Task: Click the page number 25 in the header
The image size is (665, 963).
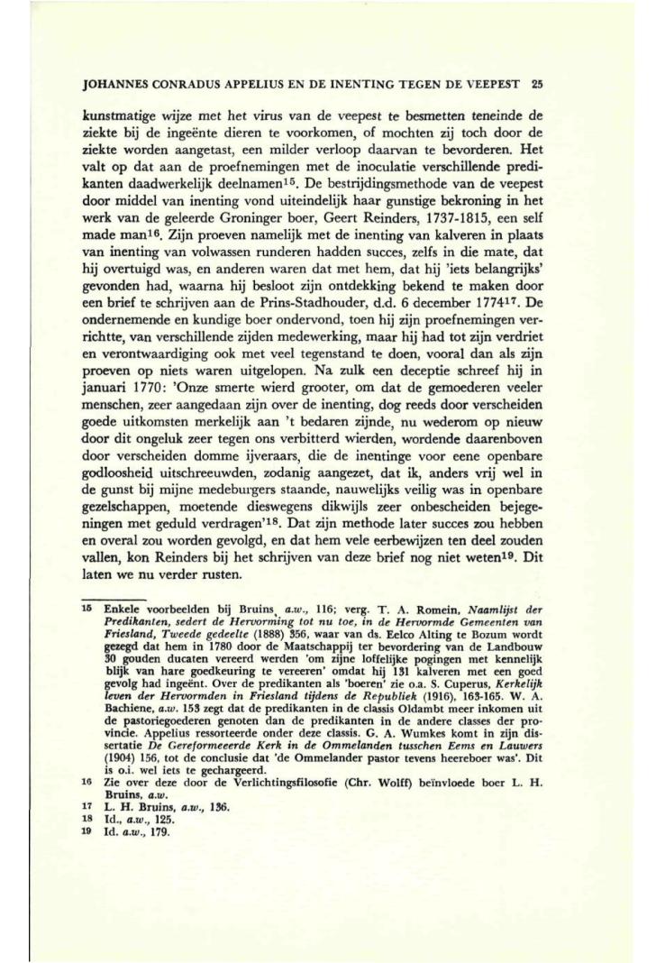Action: click(535, 89)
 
